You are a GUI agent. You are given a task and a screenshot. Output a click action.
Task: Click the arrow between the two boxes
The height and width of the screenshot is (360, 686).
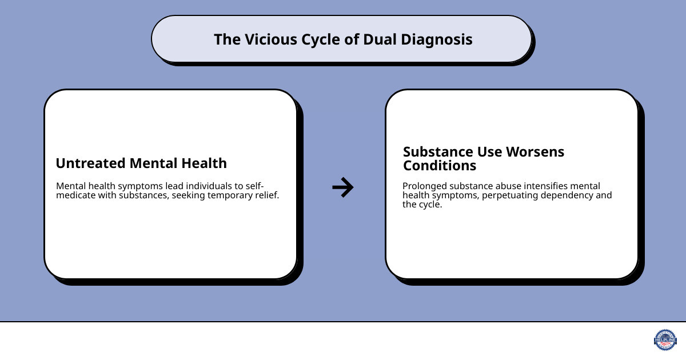click(343, 187)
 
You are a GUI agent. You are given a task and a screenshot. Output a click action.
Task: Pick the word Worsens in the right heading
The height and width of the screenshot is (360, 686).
click(537, 152)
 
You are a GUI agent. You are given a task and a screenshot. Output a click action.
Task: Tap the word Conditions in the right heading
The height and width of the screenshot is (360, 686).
click(440, 166)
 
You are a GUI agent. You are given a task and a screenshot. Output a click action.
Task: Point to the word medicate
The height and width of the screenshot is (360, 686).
click(77, 197)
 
